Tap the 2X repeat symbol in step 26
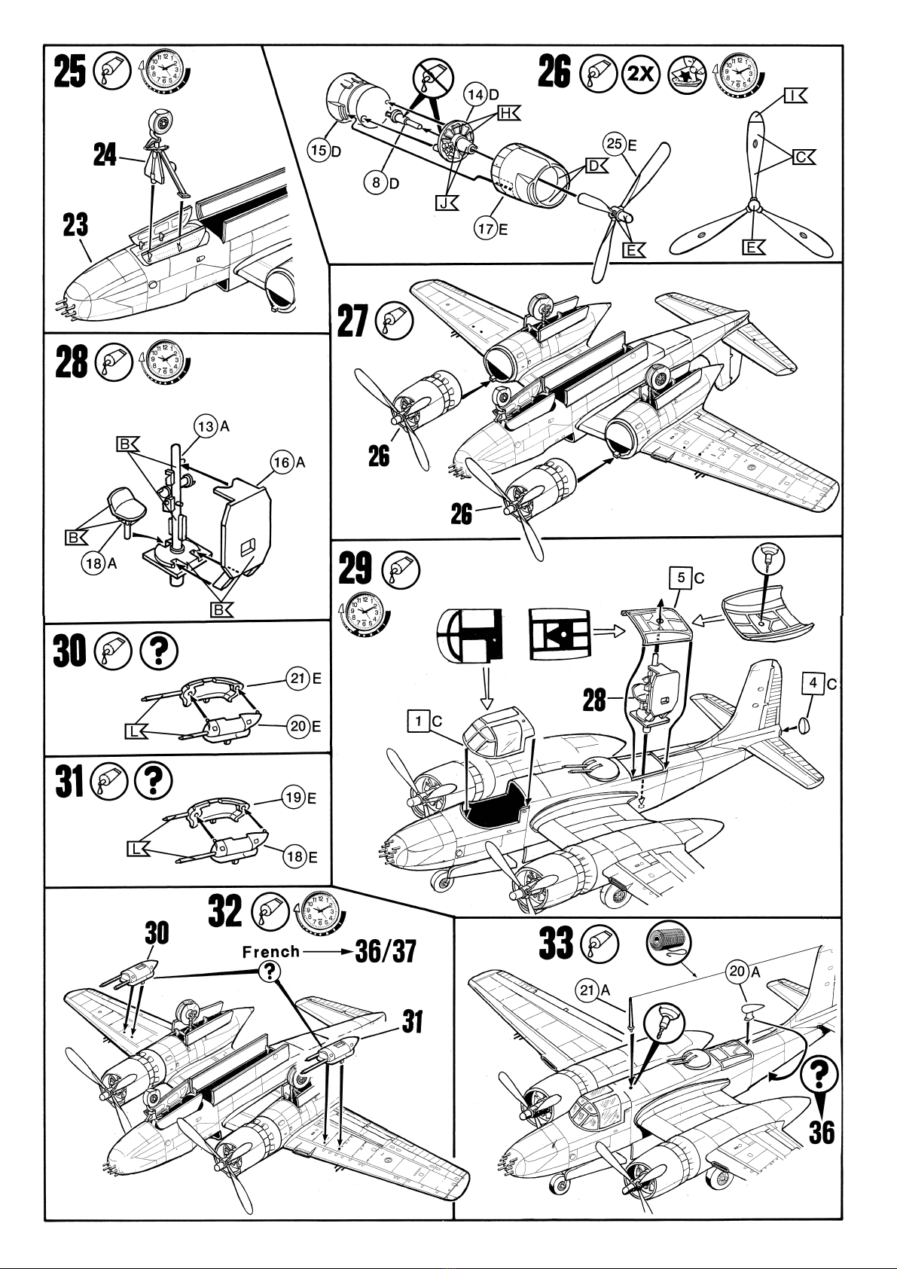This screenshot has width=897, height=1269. (640, 75)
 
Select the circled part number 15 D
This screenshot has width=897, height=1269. (325, 150)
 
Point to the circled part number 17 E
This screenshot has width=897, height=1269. (491, 229)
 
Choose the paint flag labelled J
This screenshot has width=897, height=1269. (447, 203)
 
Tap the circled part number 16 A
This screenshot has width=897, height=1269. (288, 463)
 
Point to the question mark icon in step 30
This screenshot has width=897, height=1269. (159, 652)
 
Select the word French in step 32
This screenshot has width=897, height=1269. (271, 952)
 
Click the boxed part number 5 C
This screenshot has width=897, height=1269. (687, 578)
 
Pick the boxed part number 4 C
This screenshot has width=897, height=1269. (820, 684)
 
